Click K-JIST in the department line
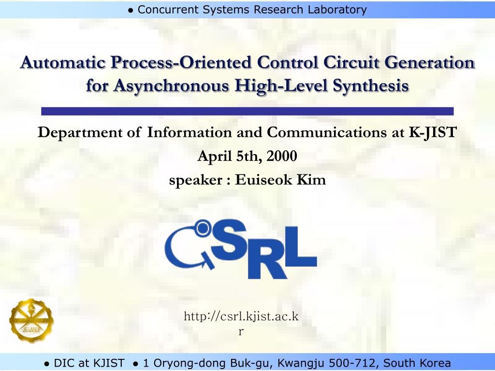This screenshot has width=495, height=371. pos(433,132)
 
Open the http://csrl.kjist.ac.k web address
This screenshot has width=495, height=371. pos(241,317)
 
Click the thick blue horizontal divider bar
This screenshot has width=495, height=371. pos(247,111)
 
